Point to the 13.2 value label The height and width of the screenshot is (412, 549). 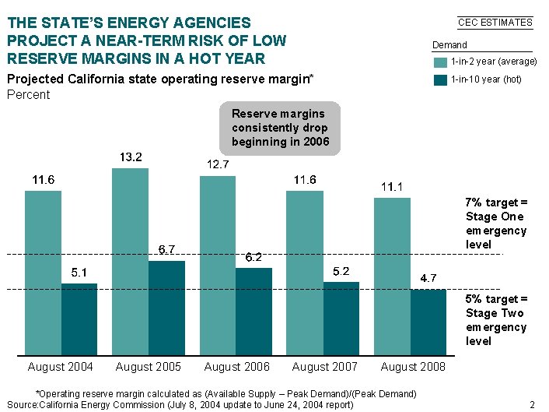[131, 157]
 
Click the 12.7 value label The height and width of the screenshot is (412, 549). [218, 164]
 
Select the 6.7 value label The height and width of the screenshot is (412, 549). [166, 249]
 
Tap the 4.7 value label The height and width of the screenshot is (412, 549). [428, 277]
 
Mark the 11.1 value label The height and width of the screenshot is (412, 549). [392, 187]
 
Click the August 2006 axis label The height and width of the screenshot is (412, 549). [236, 367]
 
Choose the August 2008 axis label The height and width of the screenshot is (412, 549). [413, 367]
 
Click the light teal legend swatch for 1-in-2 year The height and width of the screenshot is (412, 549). [440, 62]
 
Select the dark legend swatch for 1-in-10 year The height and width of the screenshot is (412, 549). [440, 79]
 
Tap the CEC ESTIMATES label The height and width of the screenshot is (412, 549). [495, 23]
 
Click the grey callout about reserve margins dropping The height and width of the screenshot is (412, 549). [280, 128]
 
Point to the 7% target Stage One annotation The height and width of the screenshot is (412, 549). [496, 224]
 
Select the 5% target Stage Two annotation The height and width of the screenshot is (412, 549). [496, 320]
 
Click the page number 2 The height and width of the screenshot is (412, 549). [532, 404]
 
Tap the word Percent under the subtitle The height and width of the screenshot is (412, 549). [28, 95]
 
